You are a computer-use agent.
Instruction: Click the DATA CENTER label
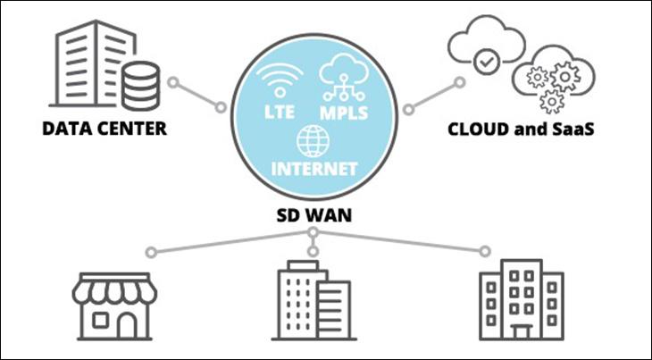tap(104, 130)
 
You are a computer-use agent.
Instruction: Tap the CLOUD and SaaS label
tap(521, 130)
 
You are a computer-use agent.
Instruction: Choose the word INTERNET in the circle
tap(313, 168)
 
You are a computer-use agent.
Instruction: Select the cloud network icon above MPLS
tap(342, 75)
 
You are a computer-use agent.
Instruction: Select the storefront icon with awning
tap(113, 305)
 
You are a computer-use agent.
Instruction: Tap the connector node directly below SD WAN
tap(312, 234)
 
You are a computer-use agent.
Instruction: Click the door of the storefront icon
tap(126, 325)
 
